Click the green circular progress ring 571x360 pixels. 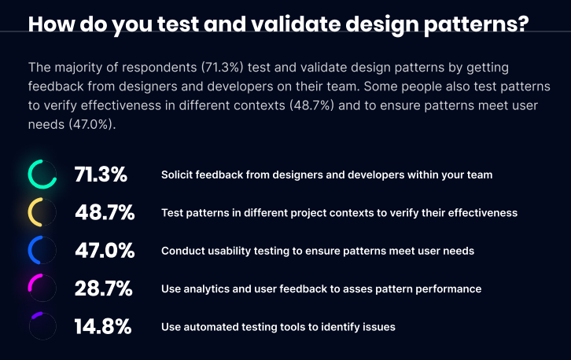[42, 174]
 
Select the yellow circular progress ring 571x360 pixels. [42, 212]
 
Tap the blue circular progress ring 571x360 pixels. [42, 251]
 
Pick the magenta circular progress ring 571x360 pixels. [42, 288]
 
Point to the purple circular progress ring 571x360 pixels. [42, 326]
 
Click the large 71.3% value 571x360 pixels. [101, 174]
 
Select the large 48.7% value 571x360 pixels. [104, 212]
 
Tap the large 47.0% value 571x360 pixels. [104, 251]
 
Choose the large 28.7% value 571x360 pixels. [103, 288]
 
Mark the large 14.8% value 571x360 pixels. [102, 326]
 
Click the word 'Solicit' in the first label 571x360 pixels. [178, 174]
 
